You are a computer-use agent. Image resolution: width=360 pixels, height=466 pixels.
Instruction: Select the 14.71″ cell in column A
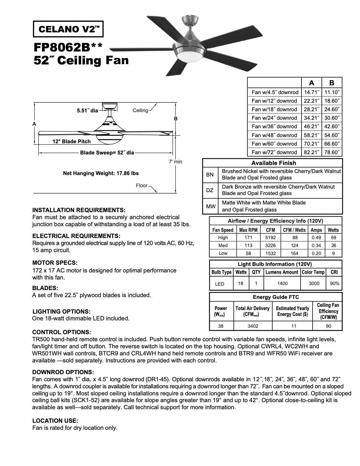tap(311, 92)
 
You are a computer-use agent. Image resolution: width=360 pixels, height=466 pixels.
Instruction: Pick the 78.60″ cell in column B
tap(332, 152)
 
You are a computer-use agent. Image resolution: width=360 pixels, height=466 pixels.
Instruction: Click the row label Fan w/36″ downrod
tap(274, 127)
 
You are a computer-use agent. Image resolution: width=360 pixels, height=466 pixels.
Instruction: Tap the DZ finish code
tap(210, 190)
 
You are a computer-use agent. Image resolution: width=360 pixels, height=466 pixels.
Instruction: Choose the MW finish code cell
tap(211, 206)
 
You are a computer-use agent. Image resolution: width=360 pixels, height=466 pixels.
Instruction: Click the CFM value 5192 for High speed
tap(270, 238)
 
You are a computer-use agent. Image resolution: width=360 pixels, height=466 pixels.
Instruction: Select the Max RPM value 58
tap(249, 253)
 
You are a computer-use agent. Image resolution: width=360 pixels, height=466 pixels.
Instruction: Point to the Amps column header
tap(316, 230)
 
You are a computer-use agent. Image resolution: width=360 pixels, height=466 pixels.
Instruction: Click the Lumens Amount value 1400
tap(282, 283)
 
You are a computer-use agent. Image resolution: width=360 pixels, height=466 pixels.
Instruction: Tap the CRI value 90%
tap(335, 283)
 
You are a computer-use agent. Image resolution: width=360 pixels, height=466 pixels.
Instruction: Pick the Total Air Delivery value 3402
tap(252, 326)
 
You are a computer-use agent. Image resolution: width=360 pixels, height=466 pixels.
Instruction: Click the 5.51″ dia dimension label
tap(87, 111)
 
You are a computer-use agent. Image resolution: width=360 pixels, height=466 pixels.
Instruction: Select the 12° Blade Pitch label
tap(71, 142)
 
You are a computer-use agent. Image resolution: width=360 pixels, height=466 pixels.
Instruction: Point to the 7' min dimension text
tap(175, 162)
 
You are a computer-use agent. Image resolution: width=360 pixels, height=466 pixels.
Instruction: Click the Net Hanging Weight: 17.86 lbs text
tap(101, 173)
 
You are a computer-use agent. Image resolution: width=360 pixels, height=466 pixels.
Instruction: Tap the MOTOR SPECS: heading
tap(55, 263)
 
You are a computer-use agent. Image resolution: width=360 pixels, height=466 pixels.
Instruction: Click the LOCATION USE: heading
tap(55, 421)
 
